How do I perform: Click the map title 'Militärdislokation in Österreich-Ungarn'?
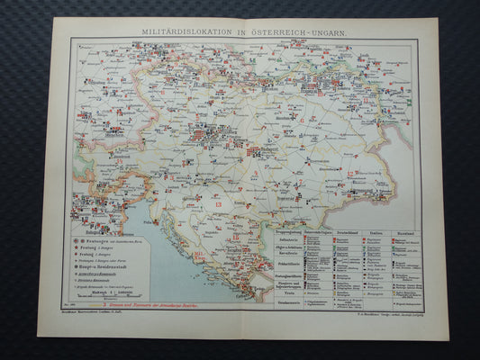tap(242, 32)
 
